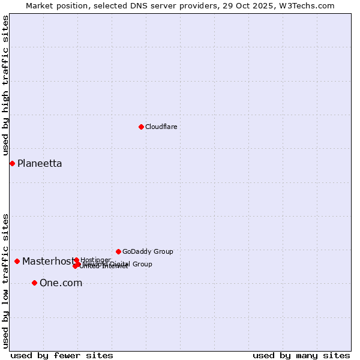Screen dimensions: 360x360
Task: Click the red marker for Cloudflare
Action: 141,127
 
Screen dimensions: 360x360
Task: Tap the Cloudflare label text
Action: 161,127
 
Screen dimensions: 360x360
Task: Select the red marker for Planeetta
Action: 12,163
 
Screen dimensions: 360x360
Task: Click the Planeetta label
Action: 40,164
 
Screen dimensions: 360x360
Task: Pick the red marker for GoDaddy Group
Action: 118,251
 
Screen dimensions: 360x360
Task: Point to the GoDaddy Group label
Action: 148,251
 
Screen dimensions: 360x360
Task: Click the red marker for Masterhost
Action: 17,261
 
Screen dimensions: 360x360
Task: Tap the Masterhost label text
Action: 48,261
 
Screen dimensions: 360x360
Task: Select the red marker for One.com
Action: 34,283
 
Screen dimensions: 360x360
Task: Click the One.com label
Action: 61,283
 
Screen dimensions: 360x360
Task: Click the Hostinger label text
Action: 95,260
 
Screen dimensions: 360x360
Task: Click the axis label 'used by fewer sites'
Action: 62,355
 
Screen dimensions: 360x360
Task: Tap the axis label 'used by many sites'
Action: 301,355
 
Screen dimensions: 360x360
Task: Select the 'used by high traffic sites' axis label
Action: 5,86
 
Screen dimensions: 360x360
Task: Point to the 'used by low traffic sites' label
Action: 5,281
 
